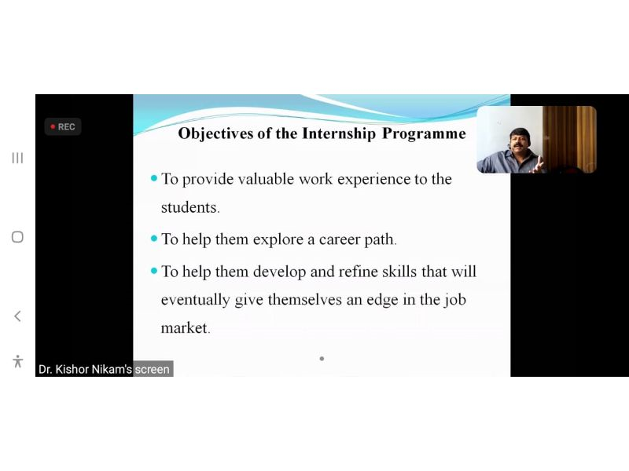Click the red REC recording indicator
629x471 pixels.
coord(63,126)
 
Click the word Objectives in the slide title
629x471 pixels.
coord(215,133)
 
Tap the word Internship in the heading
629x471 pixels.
coord(339,133)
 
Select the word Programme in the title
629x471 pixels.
coord(424,133)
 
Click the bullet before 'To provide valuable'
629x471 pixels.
coord(153,178)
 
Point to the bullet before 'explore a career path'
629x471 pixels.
coord(153,239)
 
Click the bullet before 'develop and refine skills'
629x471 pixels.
coord(153,271)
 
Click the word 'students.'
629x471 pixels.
coord(190,207)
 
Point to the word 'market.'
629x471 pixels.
coord(186,328)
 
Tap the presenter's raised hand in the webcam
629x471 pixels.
coord(537,165)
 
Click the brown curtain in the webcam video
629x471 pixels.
coord(568,139)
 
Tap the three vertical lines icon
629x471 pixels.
coord(17,158)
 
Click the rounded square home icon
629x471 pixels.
coord(17,237)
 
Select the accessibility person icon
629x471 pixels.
coord(17,361)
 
